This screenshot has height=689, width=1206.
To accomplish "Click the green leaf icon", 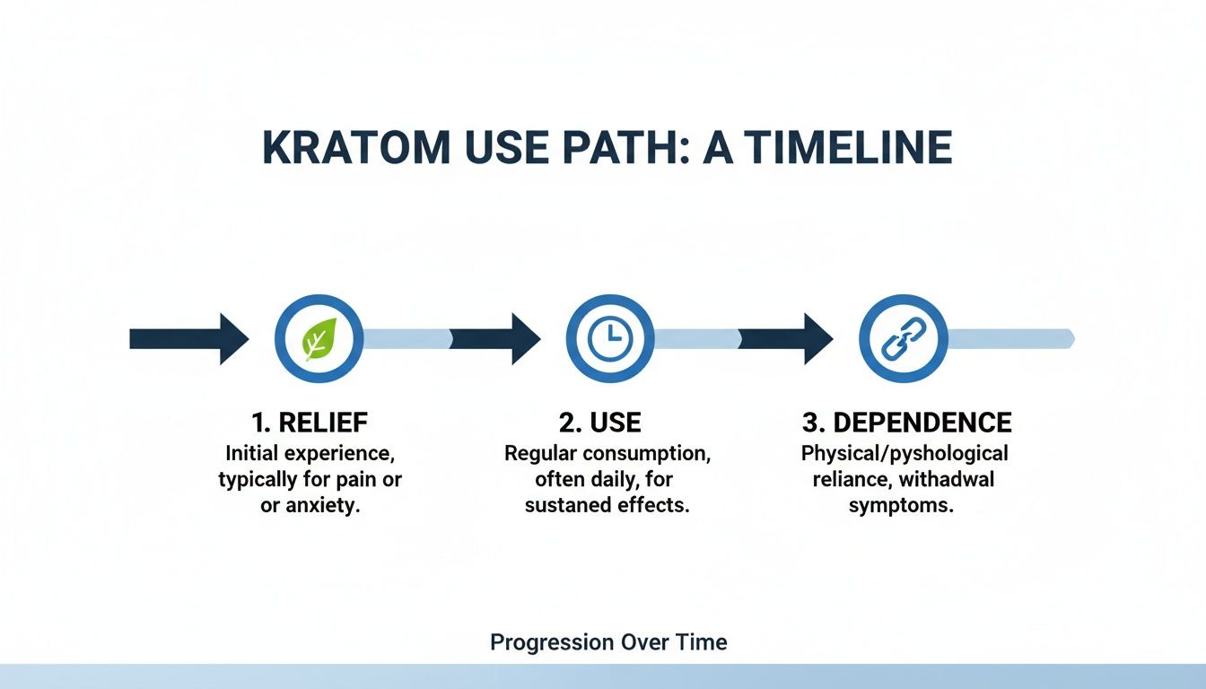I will (x=319, y=339).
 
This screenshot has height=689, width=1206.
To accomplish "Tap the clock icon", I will (x=610, y=339).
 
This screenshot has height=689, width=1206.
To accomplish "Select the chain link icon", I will (x=903, y=339).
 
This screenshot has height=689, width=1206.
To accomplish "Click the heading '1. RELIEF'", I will (x=310, y=423).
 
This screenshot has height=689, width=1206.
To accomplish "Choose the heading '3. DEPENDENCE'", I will (x=906, y=423).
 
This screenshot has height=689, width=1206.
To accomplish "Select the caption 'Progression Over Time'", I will (x=608, y=642).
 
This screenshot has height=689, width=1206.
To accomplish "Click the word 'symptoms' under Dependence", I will (x=900, y=505).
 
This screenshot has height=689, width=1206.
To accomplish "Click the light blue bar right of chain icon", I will (x=1009, y=339).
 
